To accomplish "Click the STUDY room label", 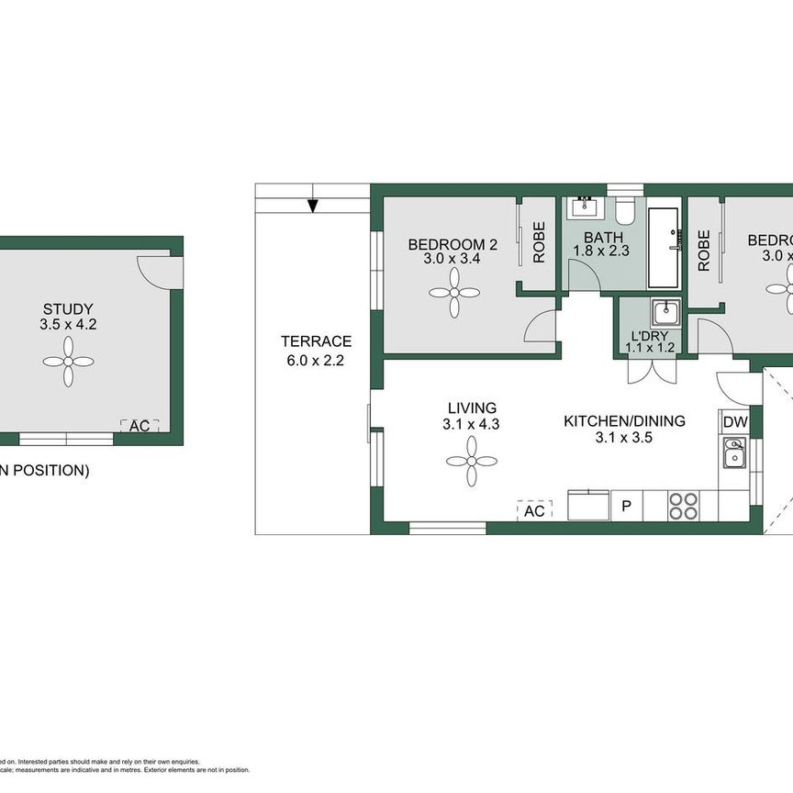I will (68, 309).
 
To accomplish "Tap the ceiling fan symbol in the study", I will (68, 361).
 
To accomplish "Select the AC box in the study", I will (140, 426).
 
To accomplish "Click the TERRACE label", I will (316, 341).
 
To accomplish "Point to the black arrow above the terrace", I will (313, 205).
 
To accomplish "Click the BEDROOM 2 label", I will (452, 244).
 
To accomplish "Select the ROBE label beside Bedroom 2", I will (539, 242).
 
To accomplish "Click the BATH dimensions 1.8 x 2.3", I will (601, 251).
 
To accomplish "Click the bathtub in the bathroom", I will (664, 246).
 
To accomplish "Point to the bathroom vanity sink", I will (583, 207).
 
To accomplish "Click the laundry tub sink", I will (665, 313).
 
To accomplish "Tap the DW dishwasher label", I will (735, 422).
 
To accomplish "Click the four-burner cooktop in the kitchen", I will (684, 506).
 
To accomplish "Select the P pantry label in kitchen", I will (627, 506).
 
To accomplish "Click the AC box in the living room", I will (534, 510).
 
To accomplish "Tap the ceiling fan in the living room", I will (472, 461).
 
